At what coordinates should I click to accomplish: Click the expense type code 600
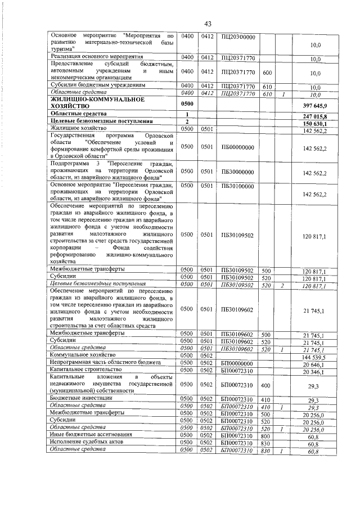tap(267, 72)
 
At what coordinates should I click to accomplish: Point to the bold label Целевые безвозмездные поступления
tap(97, 121)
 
